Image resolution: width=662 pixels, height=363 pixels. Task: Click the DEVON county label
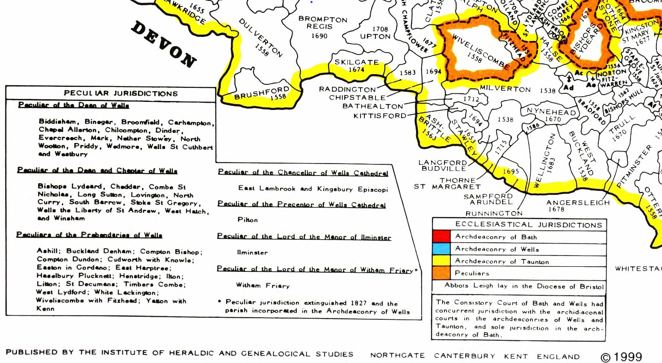coord(164,44)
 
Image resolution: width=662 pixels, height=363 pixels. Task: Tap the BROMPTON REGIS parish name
coord(322,23)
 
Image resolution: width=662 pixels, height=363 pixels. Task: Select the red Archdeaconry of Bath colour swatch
coord(441,236)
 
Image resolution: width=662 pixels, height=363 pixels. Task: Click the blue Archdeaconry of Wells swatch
coord(441,249)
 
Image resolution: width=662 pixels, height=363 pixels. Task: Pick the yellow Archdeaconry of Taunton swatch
coord(441,261)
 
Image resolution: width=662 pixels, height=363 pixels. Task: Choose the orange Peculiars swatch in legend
coord(441,273)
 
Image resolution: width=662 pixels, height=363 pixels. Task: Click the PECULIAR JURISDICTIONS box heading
coord(121,93)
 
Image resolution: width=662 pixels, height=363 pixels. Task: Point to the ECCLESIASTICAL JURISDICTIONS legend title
coord(529,225)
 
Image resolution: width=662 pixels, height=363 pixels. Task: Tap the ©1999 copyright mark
coord(621,357)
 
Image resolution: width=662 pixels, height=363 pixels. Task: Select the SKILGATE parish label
coord(356,62)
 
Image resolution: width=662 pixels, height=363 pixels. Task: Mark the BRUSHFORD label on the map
coord(261,93)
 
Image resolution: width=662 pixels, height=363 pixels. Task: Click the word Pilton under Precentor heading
coord(248,220)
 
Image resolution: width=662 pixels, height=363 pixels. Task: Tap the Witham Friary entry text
coord(263,286)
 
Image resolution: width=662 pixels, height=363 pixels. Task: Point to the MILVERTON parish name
coord(505,89)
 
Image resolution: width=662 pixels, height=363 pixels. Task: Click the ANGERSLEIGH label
coord(578,202)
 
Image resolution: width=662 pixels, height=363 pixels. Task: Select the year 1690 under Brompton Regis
coord(319,36)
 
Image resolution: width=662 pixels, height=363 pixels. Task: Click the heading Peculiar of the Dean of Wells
coord(74,105)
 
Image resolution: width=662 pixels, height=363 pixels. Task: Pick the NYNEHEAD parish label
coord(551,112)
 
